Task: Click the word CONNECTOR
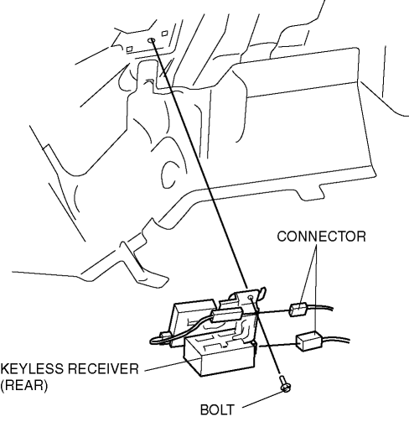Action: click(x=321, y=237)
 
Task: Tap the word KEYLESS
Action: click(x=32, y=369)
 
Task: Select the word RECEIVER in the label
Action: click(x=103, y=369)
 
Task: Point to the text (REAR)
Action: click(x=24, y=386)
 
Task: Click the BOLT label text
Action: click(x=217, y=410)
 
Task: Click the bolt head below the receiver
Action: click(x=286, y=388)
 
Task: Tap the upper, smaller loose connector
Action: click(x=298, y=310)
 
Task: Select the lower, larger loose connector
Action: click(x=309, y=341)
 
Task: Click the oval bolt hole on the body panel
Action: click(x=152, y=40)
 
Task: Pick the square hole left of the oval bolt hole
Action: click(x=129, y=49)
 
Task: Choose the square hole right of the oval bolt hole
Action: click(x=165, y=33)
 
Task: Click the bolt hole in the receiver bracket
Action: click(x=251, y=297)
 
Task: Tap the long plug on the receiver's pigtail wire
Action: click(x=226, y=315)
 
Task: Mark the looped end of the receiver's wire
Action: click(x=153, y=341)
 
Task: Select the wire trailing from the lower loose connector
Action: click(x=336, y=340)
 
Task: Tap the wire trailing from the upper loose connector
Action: click(x=320, y=307)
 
